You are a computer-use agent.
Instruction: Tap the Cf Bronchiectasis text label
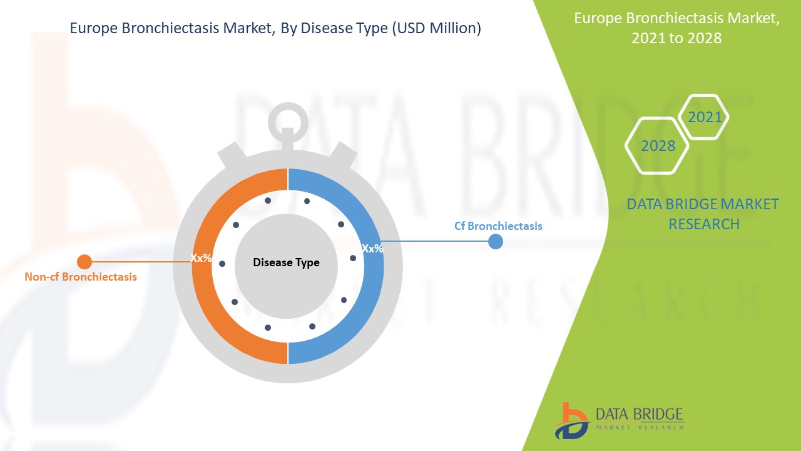[498, 226]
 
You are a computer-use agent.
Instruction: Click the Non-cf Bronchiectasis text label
[81, 277]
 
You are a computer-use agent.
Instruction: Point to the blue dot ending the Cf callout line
[496, 242]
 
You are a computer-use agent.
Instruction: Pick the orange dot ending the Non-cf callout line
[84, 262]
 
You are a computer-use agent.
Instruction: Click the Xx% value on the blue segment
[372, 249]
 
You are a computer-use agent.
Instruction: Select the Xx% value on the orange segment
[201, 257]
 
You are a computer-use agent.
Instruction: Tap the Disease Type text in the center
[286, 262]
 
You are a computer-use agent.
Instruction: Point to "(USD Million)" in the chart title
[436, 28]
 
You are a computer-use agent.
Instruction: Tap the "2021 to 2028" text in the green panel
[676, 38]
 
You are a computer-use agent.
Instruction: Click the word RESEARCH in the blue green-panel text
[704, 224]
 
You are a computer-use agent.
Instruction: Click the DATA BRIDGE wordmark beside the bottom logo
[640, 415]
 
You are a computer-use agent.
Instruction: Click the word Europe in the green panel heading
[598, 19]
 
